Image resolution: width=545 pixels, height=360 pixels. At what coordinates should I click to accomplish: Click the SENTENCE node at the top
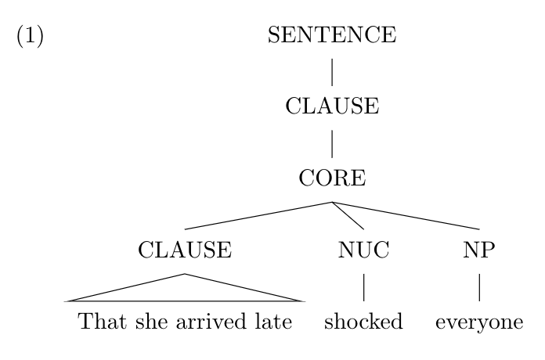click(x=332, y=34)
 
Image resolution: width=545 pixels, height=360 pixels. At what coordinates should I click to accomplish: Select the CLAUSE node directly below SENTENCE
click(x=332, y=106)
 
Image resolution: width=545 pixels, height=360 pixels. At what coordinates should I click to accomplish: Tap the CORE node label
click(x=332, y=178)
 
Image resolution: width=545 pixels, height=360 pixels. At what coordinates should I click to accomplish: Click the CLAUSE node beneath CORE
click(x=185, y=250)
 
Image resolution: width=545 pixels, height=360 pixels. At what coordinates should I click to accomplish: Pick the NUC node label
click(x=363, y=250)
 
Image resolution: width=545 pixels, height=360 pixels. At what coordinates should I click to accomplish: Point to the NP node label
click(x=479, y=250)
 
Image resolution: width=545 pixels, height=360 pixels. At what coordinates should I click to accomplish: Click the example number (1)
click(x=31, y=35)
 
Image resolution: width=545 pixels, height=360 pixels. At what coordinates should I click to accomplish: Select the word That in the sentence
click(x=102, y=321)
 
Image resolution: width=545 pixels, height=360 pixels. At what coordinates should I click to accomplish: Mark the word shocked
click(x=363, y=321)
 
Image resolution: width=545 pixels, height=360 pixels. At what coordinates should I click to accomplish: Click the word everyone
click(x=479, y=323)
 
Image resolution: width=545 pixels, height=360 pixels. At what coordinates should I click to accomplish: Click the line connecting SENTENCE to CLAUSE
click(x=332, y=72)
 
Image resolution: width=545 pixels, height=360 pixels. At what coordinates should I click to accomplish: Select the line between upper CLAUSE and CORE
click(x=332, y=144)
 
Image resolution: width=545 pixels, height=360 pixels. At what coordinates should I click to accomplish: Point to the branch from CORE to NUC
click(x=348, y=216)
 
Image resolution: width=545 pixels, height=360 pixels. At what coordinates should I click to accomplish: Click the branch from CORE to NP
click(x=406, y=216)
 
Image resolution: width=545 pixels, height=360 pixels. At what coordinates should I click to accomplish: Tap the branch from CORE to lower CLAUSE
click(x=258, y=216)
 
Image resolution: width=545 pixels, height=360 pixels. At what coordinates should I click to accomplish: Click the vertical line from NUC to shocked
click(x=364, y=287)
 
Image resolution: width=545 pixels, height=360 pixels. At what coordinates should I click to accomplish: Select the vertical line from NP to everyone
click(x=480, y=287)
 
